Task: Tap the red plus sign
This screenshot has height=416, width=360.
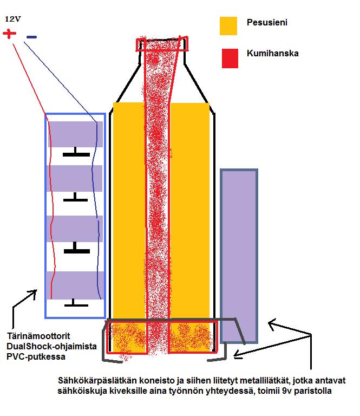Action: tap(10, 34)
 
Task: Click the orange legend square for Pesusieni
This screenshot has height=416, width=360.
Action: tap(228, 25)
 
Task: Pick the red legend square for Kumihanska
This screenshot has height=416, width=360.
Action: tap(230, 58)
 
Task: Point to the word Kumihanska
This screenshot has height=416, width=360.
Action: tap(272, 54)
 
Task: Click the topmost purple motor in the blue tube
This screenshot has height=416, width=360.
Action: tap(75, 134)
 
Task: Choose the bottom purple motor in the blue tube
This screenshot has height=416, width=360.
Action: tap(75, 285)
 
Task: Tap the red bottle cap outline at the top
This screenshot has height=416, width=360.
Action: tap(162, 44)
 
